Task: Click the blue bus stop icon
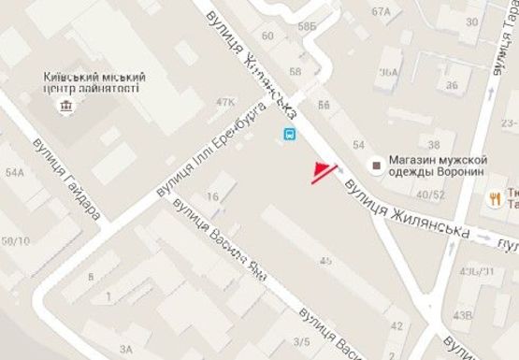click(290, 134)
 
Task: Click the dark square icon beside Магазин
click(376, 166)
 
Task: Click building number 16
click(214, 196)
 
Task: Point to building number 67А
click(380, 12)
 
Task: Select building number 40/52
click(431, 194)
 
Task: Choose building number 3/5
click(301, 342)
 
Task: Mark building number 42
click(396, 325)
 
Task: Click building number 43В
click(461, 315)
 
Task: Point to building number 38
click(433, 145)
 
